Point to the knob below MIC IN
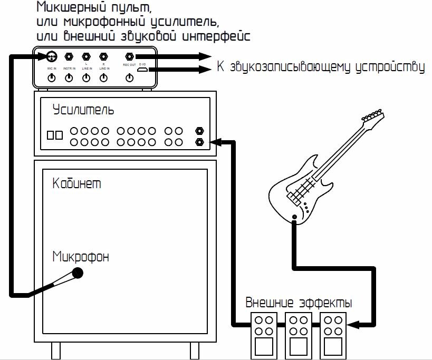[x=52, y=78]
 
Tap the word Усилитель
[x=83, y=110]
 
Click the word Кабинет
[x=77, y=183]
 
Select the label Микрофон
[x=81, y=257]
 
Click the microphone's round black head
[x=78, y=273]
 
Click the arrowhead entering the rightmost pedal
[x=350, y=325]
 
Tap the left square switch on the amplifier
[x=51, y=135]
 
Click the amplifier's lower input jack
[x=200, y=142]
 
